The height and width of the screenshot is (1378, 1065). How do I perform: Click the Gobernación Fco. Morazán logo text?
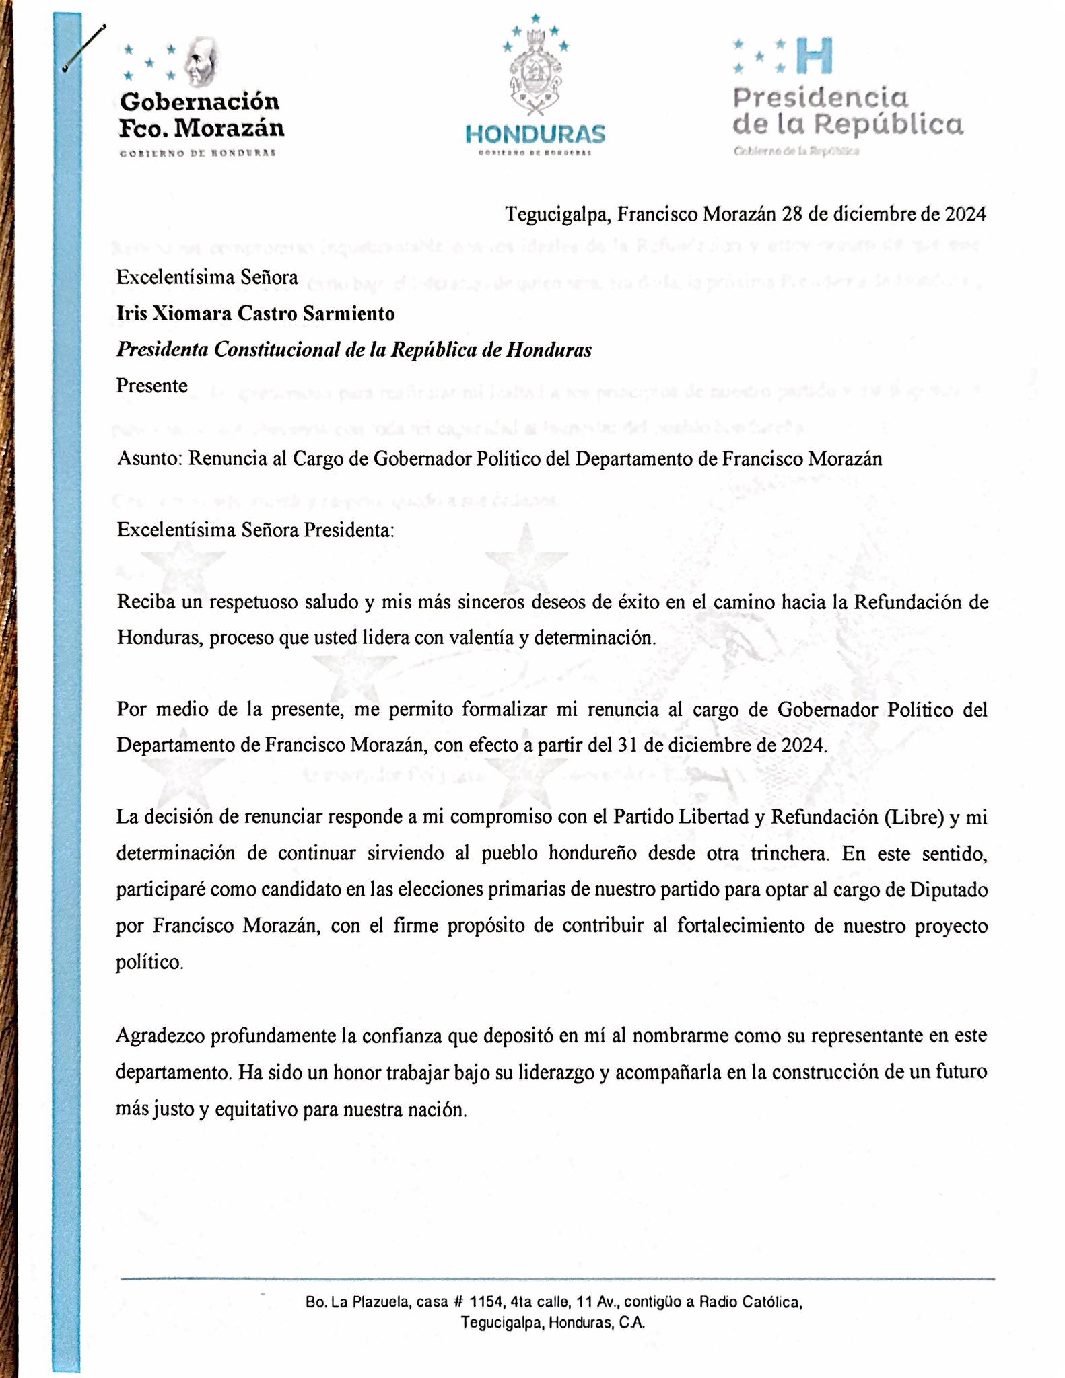[201, 114]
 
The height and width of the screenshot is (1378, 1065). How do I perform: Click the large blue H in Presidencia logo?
[813, 56]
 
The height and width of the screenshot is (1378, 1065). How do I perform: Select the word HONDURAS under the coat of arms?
[535, 135]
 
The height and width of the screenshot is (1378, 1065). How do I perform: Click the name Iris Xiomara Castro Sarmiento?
[255, 314]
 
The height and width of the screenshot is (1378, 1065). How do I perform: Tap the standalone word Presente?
[152, 386]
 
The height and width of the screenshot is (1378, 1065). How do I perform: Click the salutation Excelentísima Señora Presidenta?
[255, 530]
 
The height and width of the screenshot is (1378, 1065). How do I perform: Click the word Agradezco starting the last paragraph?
[160, 1036]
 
